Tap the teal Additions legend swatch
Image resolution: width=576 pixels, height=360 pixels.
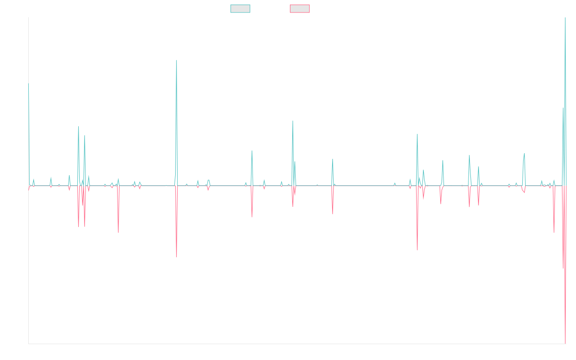coord(240,9)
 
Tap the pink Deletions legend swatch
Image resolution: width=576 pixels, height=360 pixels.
coord(300,9)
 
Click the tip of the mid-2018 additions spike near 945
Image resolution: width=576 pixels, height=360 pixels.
coord(177,60)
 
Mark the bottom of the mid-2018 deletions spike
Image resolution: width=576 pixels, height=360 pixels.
coord(177,257)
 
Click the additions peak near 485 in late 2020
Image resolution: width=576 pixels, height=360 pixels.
coord(293,121)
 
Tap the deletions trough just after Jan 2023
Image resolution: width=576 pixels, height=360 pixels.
coord(417,250)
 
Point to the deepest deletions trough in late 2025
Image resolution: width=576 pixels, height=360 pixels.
coord(565,343)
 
